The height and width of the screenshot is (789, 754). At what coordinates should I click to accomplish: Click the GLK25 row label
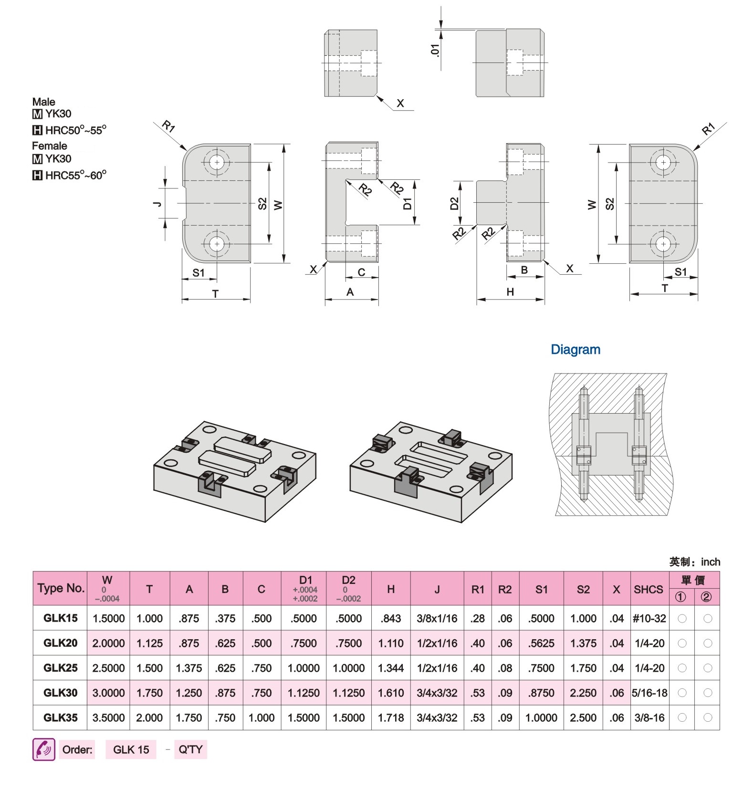point(60,667)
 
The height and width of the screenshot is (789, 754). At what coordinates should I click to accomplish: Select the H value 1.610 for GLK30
point(390,693)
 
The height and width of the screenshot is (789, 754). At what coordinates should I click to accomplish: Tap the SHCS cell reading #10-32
point(649,618)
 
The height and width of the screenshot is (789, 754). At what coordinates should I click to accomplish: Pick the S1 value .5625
point(541,643)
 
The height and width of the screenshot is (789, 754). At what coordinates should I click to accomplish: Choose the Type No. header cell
point(61,588)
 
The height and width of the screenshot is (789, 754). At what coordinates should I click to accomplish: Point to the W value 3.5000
point(108,717)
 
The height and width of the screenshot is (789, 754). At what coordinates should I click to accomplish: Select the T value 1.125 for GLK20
point(149,643)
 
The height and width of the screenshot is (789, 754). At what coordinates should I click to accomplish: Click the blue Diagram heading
point(576,350)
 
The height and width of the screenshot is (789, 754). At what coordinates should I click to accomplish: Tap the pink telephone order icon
point(44,749)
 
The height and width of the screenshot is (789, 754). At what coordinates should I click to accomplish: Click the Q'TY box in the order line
point(190,749)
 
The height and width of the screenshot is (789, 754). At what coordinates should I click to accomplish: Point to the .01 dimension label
point(435,50)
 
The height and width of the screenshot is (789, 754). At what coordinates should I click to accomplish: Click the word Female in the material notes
point(50,145)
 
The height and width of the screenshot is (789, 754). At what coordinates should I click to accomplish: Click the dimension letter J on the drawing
point(157,204)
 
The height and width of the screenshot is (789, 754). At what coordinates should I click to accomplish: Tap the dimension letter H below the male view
point(510,291)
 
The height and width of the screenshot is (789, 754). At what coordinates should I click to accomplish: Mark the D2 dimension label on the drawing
point(454,204)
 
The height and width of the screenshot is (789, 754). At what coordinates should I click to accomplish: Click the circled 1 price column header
point(681,597)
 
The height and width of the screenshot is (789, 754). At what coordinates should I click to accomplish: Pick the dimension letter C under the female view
point(361,272)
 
